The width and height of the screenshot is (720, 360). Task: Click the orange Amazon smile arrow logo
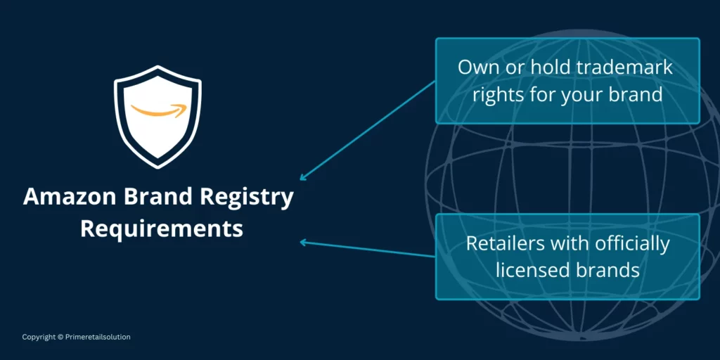pyautogui.click(x=158, y=110)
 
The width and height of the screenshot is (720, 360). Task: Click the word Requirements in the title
pyautogui.click(x=161, y=229)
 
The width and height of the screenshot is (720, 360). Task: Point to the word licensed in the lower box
pyautogui.click(x=531, y=269)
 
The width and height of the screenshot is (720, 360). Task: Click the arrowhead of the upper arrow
pyautogui.click(x=303, y=178)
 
